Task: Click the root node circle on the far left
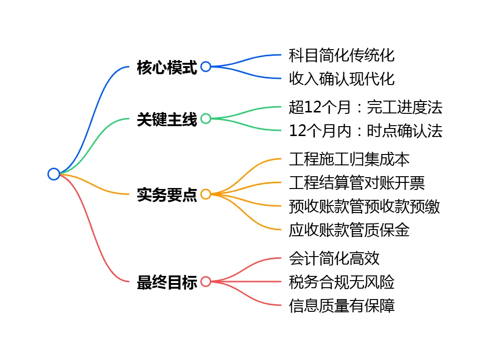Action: coord(54,174)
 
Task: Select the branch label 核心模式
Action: coord(167,67)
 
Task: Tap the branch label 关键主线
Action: coord(167,119)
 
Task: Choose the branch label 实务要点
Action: coord(167,194)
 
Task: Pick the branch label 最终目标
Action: coord(167,282)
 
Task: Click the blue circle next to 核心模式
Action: coord(206,67)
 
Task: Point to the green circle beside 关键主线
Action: coord(206,119)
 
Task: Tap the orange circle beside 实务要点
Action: coord(206,194)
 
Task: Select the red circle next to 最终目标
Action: coord(206,282)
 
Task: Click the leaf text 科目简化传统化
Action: coord(342,55)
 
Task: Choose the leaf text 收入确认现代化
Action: coord(342,78)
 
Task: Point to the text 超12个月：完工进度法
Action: coord(366,107)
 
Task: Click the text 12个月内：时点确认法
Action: coord(366,130)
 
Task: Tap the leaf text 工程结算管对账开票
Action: coord(357,182)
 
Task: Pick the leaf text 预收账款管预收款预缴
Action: coord(364,206)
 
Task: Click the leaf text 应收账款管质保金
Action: coord(349,230)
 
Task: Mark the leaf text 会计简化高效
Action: coord(334,258)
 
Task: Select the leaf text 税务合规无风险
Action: coord(342,282)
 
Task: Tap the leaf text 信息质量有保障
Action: coord(342,305)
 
